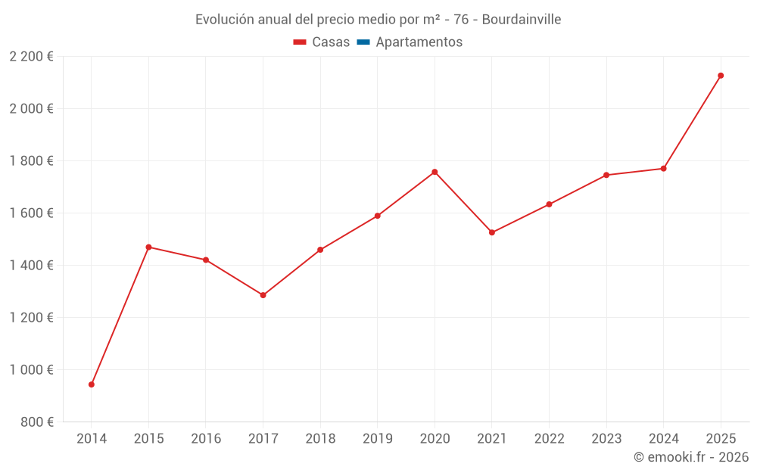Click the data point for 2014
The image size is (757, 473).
(x=92, y=384)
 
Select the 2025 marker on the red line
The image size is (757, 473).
(x=721, y=76)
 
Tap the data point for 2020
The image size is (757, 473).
(x=435, y=172)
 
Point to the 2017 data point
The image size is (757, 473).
(x=263, y=295)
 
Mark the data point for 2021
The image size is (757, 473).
(x=492, y=232)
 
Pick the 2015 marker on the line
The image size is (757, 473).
(x=148, y=247)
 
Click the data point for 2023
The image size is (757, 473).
(x=606, y=175)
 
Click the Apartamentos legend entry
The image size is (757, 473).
(x=419, y=42)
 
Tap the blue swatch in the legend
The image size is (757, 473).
(x=363, y=42)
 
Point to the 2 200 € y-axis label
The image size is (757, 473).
(x=31, y=57)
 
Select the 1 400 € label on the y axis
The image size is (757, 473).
(x=31, y=266)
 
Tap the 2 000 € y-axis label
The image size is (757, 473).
(x=31, y=109)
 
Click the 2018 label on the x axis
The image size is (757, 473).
(x=320, y=439)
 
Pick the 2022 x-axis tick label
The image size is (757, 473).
(x=549, y=439)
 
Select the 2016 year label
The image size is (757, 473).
(x=206, y=439)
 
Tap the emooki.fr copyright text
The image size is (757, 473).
(x=691, y=457)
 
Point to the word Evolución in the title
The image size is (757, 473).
(x=225, y=20)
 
